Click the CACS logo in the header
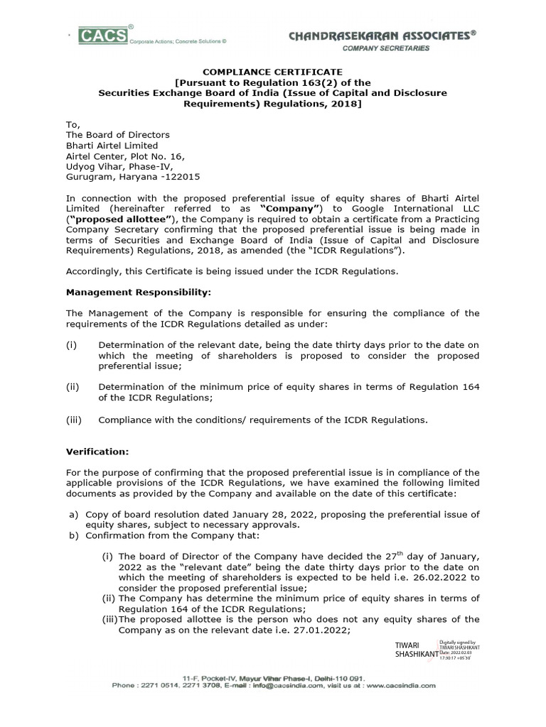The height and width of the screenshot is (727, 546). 104,35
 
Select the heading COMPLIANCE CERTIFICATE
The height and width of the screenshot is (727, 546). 273,72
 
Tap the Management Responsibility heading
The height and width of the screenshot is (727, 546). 139,292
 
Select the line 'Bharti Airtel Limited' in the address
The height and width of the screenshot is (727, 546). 112,146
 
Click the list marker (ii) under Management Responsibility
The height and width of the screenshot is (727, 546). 73,386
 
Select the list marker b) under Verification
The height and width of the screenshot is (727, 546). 73,535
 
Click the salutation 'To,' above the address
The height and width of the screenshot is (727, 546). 73,124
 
